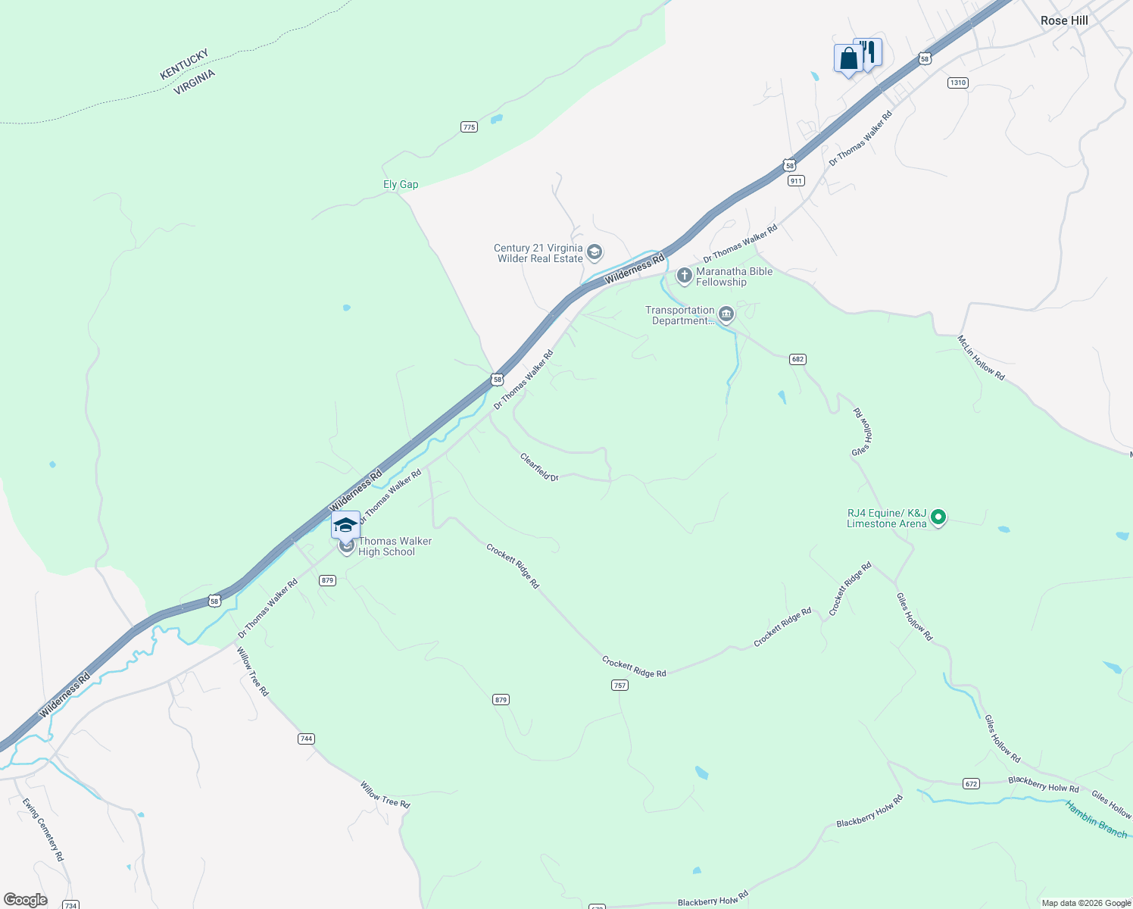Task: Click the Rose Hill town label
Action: (1063, 20)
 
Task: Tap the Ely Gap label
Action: (401, 184)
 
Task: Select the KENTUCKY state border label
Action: (184, 64)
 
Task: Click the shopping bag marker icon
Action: (848, 58)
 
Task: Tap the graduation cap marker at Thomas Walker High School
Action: (345, 524)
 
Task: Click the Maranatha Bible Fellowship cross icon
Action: (684, 276)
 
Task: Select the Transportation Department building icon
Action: (726, 314)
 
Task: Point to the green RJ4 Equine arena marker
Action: (938, 517)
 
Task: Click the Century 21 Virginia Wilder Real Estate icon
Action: (595, 252)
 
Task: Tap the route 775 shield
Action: (469, 127)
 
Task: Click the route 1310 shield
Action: (958, 83)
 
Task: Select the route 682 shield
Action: (797, 359)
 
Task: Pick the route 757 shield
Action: (620, 685)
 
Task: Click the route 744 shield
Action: (306, 739)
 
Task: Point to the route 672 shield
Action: (972, 783)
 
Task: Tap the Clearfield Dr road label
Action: (539, 467)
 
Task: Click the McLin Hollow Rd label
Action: (981, 358)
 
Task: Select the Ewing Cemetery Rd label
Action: (43, 829)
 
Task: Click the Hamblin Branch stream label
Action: (1097, 820)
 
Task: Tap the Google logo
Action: (25, 899)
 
